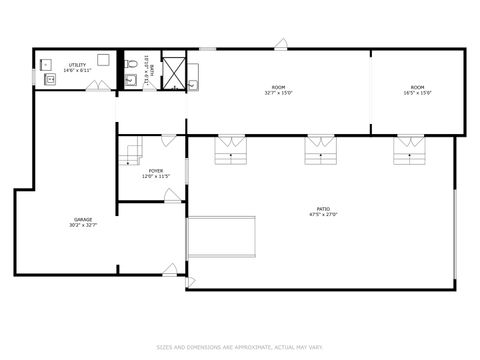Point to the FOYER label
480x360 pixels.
point(156,171)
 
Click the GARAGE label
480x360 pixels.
point(83,219)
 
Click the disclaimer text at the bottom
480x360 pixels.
point(240,347)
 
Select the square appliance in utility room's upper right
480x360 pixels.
point(103,60)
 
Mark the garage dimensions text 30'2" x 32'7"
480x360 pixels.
point(83,225)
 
